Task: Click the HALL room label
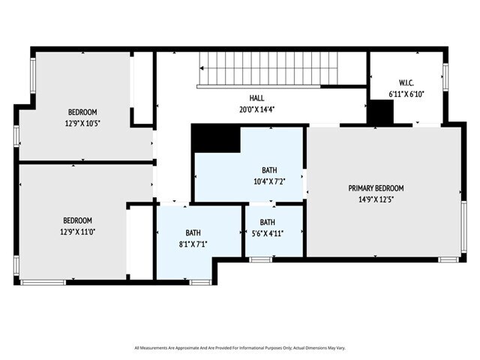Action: (256, 98)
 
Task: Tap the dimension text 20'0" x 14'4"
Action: (256, 109)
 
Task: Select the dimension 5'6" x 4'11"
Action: (268, 233)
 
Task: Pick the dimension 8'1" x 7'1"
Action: (193, 244)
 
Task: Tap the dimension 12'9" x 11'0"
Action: (77, 232)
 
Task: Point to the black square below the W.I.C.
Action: (381, 112)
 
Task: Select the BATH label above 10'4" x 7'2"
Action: (268, 170)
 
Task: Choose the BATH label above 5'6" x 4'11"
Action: (268, 222)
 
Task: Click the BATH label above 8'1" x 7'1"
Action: (193, 232)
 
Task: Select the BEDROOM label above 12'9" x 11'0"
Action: (77, 220)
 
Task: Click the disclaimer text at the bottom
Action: (240, 347)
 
